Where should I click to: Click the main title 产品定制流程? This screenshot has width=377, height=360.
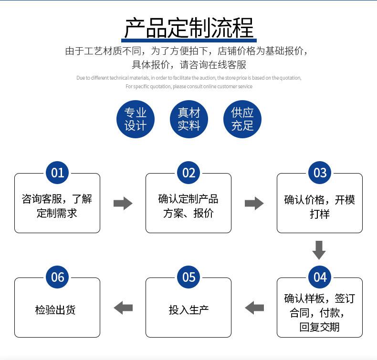coord(189,28)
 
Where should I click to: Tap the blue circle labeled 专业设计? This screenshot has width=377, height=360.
coord(136,119)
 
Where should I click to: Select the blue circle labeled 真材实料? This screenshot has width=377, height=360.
coord(189,119)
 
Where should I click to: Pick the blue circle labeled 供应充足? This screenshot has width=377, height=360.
coord(242,119)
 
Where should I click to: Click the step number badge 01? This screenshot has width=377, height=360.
coord(57,173)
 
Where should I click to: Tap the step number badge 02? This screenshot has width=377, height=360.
coord(189,173)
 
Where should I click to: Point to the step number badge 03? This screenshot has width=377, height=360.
coord(320,173)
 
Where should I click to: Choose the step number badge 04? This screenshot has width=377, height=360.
coord(320,277)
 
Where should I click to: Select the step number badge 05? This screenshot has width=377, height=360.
coord(189,277)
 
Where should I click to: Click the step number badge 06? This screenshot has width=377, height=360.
coord(57,277)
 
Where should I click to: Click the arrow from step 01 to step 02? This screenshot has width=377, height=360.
coord(123,204)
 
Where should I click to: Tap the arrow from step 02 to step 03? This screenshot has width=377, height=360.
coord(254,204)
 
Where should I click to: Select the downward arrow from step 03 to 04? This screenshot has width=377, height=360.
coord(319,250)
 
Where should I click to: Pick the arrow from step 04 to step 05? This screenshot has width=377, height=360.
coord(254,308)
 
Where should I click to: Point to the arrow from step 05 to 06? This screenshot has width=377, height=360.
coord(123,308)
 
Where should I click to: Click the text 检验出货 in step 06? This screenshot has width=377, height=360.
coord(55,310)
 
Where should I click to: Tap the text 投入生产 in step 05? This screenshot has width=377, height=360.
coord(189,310)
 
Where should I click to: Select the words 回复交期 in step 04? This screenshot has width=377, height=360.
coord(320,327)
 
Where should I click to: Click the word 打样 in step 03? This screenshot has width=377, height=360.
coord(320,214)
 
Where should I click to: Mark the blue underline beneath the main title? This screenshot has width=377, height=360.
coord(189,41)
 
